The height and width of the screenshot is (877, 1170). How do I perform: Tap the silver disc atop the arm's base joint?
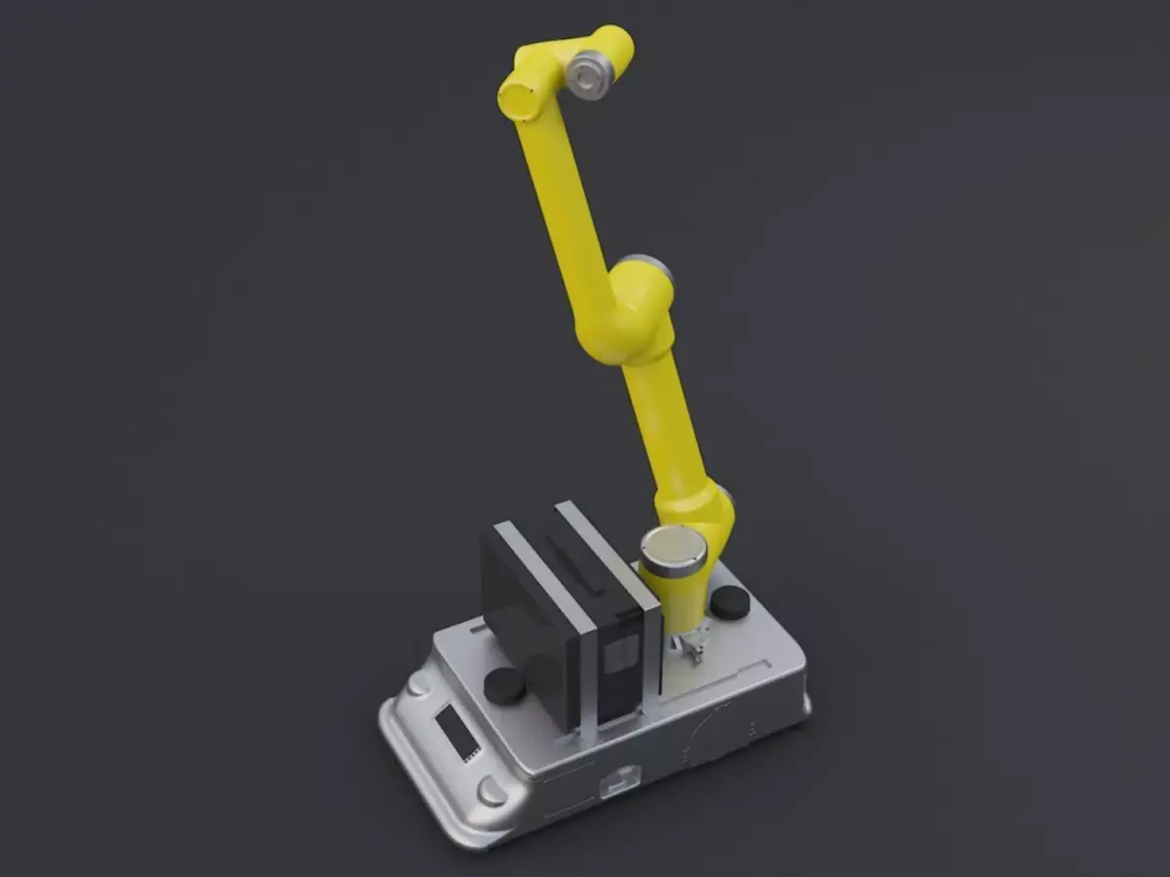[673, 548]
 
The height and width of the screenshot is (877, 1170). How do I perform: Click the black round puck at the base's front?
[505, 686]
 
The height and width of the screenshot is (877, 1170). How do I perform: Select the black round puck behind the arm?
[730, 602]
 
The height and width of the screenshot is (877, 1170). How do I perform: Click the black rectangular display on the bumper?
[455, 734]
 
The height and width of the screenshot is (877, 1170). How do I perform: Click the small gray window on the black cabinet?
[616, 660]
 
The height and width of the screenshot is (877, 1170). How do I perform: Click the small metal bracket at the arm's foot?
[691, 648]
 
